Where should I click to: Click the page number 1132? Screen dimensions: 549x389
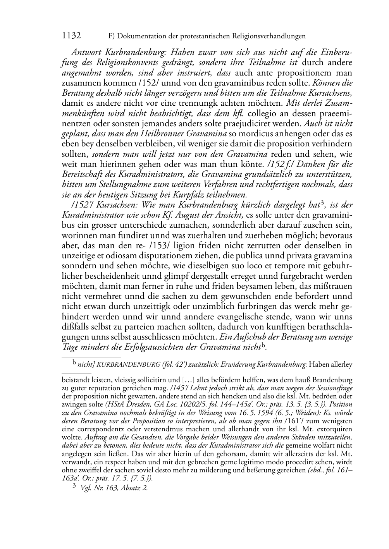[x=71, y=36]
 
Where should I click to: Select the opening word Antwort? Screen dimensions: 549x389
[x=87, y=52]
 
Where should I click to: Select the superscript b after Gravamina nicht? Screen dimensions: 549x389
[x=263, y=345]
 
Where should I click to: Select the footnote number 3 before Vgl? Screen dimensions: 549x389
[x=74, y=487]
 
